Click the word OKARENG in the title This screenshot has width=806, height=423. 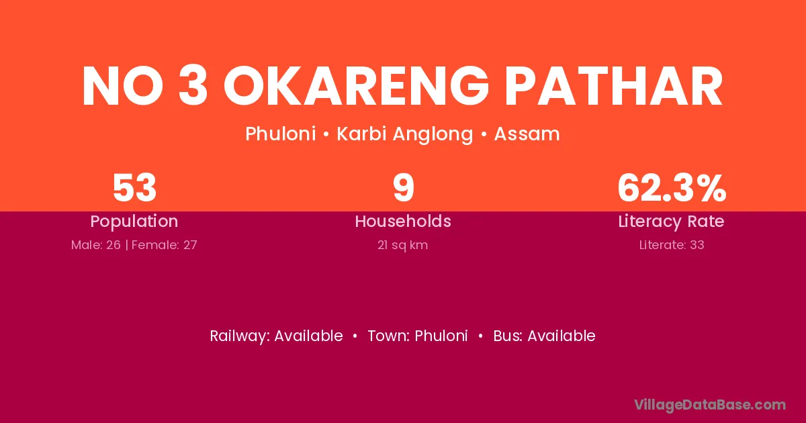(356, 87)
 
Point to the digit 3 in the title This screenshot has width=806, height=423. (193, 87)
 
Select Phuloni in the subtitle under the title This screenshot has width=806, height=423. (281, 134)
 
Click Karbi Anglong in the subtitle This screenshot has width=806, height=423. (405, 134)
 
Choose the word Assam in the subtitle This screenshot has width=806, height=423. (527, 134)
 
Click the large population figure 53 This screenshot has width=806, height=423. (134, 188)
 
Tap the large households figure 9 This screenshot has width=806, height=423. (404, 188)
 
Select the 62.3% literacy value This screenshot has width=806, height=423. (672, 188)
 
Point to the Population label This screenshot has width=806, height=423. (134, 222)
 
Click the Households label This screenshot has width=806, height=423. (403, 221)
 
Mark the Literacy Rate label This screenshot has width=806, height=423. (672, 222)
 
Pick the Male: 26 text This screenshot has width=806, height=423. (95, 245)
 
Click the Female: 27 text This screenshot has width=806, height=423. (165, 245)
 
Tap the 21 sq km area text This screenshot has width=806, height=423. (402, 245)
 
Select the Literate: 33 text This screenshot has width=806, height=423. (672, 245)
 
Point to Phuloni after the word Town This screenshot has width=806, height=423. (441, 336)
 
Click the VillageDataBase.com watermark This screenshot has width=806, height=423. (710, 405)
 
